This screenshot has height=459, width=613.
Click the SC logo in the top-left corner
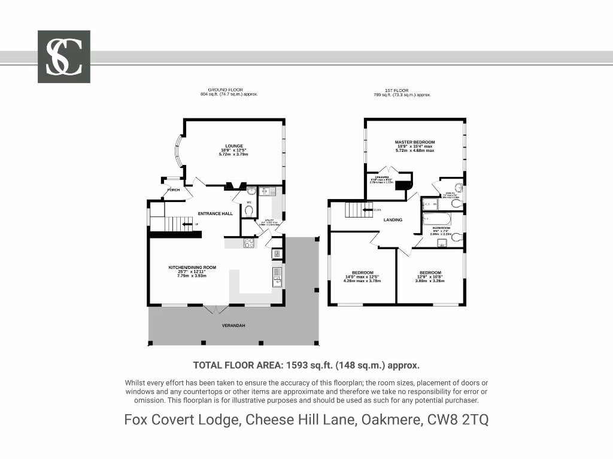(x=64, y=57)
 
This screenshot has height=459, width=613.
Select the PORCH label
(x=173, y=190)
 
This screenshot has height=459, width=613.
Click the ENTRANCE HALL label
(x=216, y=213)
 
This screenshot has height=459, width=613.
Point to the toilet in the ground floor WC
(x=249, y=210)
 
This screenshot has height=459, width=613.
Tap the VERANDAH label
(x=233, y=325)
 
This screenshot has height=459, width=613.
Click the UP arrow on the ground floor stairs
(x=188, y=224)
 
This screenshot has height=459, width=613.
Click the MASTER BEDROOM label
(x=415, y=142)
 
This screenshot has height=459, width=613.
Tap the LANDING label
(x=393, y=220)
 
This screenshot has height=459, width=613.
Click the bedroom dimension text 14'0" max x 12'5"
(x=363, y=277)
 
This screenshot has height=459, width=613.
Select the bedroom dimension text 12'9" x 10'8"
(x=430, y=277)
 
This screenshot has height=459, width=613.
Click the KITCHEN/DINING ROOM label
(x=192, y=268)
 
